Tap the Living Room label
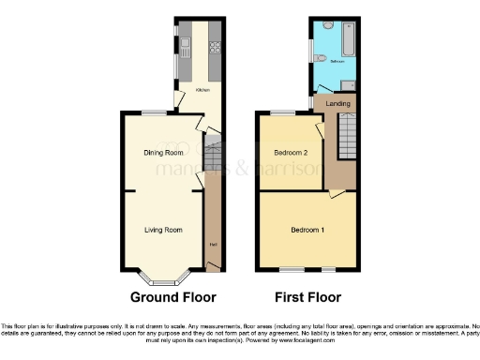tap(162, 229)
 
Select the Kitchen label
tap(202, 91)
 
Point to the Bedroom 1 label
tap(307, 230)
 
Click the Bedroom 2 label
tap(290, 152)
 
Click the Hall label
tap(213, 245)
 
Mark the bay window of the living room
tap(162, 278)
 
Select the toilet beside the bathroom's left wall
tap(322, 59)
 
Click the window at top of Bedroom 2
tap(283, 113)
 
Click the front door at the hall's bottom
tap(213, 268)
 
